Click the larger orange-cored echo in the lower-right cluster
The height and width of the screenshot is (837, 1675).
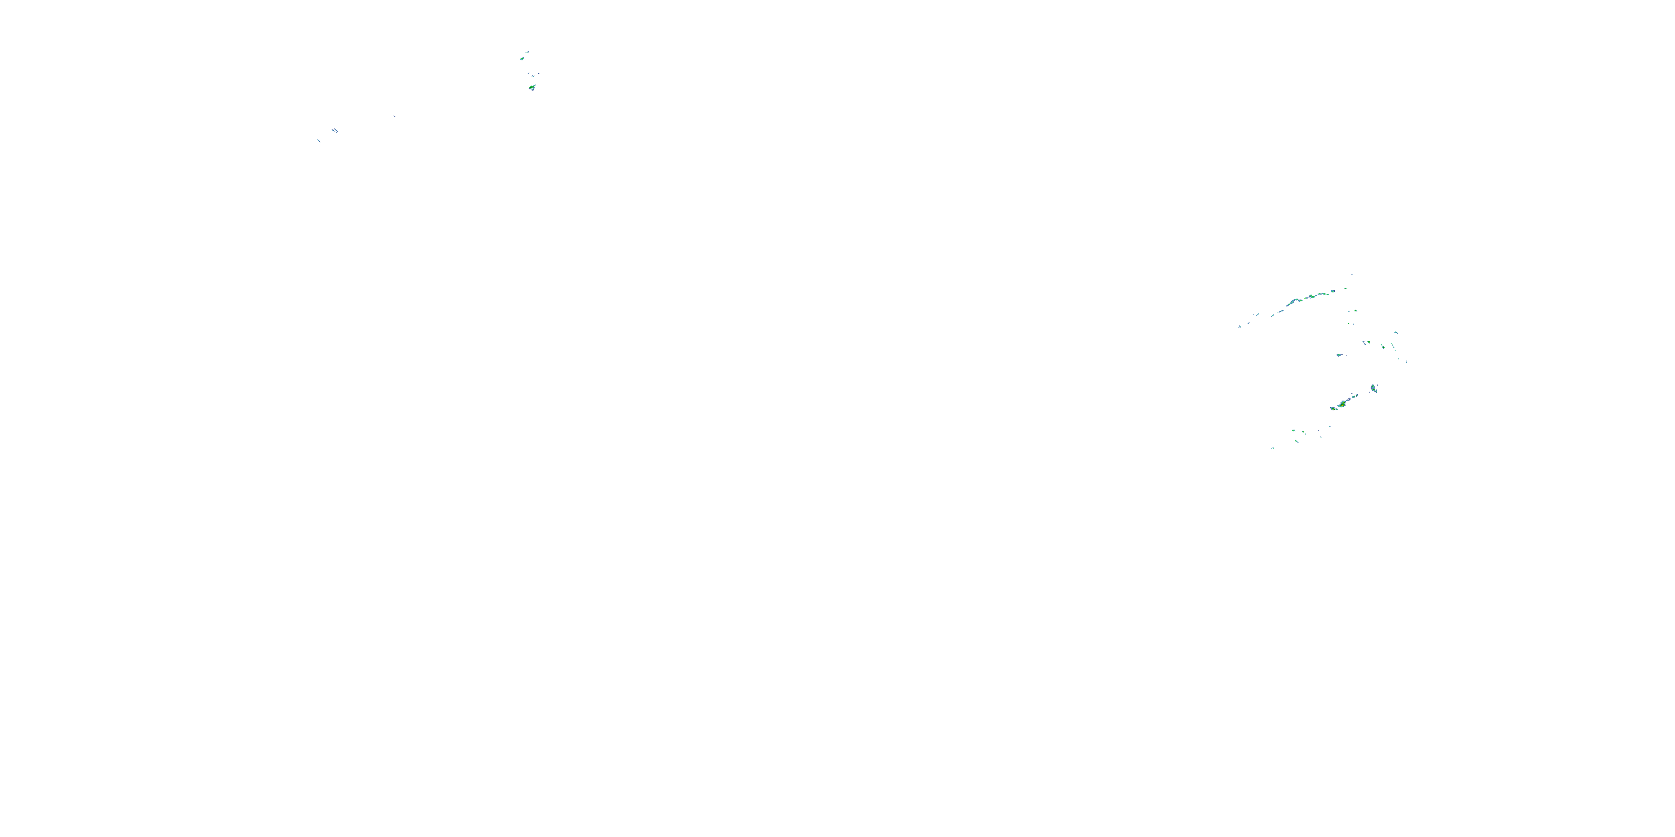pos(1343,404)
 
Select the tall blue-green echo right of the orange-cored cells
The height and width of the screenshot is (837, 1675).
pos(1373,388)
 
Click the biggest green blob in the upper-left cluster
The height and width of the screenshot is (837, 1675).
pos(532,88)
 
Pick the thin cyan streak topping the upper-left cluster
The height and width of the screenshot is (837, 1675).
pos(527,52)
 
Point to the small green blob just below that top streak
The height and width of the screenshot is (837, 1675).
pos(522,59)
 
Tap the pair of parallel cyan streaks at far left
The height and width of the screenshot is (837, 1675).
pos(335,130)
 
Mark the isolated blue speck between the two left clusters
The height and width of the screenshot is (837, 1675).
pos(394,116)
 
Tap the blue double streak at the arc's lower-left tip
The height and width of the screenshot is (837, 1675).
pos(1240,327)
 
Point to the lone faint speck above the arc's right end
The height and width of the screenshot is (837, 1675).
pos(1352,276)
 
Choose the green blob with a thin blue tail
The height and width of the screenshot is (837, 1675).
pos(1339,355)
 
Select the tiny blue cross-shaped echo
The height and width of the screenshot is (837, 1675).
pos(1363,342)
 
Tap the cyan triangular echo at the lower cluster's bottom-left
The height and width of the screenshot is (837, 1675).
pos(1273,449)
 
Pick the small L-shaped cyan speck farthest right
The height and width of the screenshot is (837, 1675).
pos(1406,362)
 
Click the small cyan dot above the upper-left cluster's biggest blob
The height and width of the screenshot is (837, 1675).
pos(533,76)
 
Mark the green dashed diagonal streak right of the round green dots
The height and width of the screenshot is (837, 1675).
pos(1393,347)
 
